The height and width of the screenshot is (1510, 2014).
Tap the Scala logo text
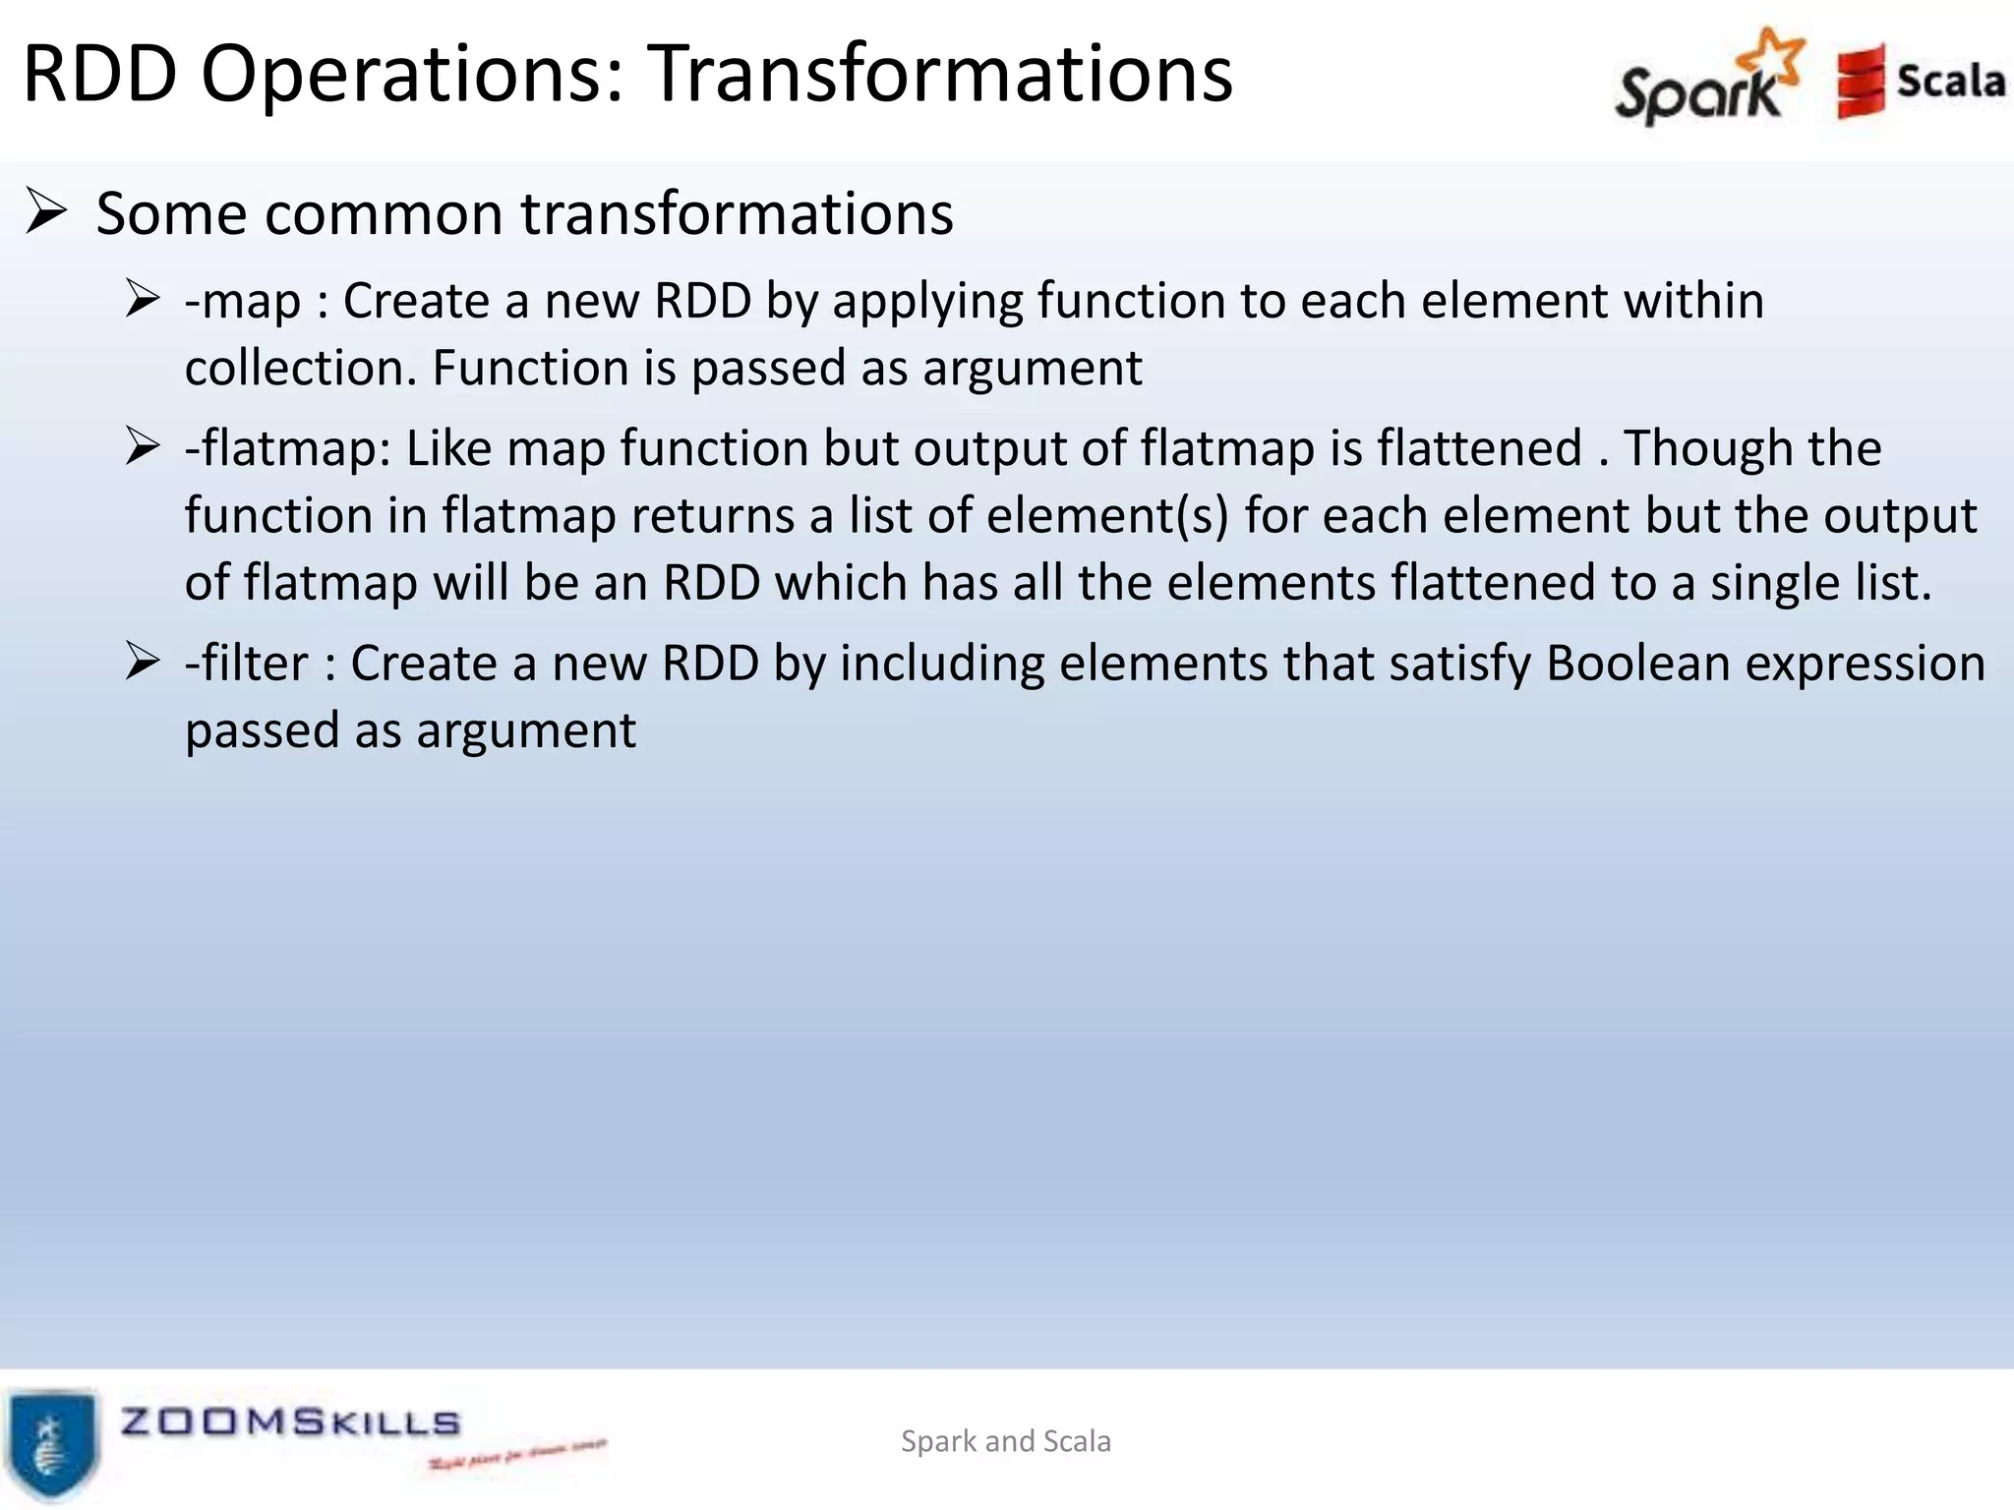(1950, 81)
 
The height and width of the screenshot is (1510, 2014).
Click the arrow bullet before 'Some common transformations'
(46, 211)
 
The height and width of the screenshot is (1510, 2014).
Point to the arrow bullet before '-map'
(143, 299)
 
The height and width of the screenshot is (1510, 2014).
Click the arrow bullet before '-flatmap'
(143, 446)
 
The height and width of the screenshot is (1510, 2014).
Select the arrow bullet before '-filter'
(143, 662)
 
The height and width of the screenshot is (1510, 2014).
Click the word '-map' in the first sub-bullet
(243, 301)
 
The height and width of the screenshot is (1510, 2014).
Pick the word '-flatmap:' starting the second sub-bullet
(287, 448)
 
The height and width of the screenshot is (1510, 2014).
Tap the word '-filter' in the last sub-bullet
(246, 664)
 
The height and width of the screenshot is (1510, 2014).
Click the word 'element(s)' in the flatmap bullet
(1107, 516)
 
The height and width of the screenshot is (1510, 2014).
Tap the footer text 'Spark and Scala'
(1005, 1441)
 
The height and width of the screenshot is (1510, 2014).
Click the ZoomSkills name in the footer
(290, 1423)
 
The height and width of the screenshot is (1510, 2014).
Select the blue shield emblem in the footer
(52, 1442)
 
